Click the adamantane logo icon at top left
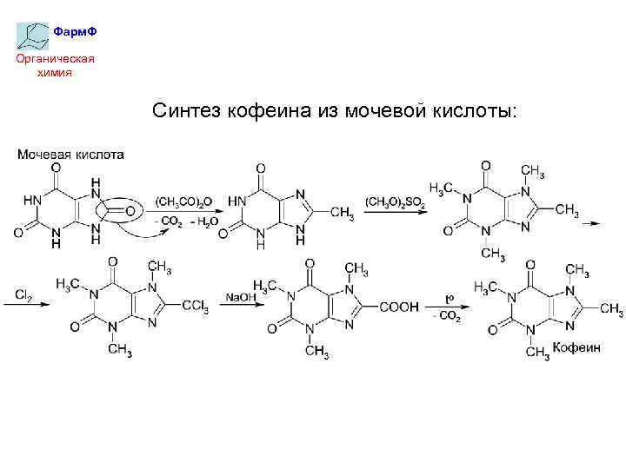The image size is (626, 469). point(32,34)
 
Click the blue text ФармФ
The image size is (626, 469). point(74,32)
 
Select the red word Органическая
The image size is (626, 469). point(53,59)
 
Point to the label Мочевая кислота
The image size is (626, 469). point(70,155)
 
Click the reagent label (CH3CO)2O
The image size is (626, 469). point(185,202)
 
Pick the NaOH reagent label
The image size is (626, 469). point(239,298)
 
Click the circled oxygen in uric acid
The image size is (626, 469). point(131,211)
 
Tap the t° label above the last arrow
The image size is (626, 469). point(450,298)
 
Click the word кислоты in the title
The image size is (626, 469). point(473,111)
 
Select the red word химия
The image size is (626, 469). point(54,72)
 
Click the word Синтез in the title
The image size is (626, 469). point(188,111)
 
